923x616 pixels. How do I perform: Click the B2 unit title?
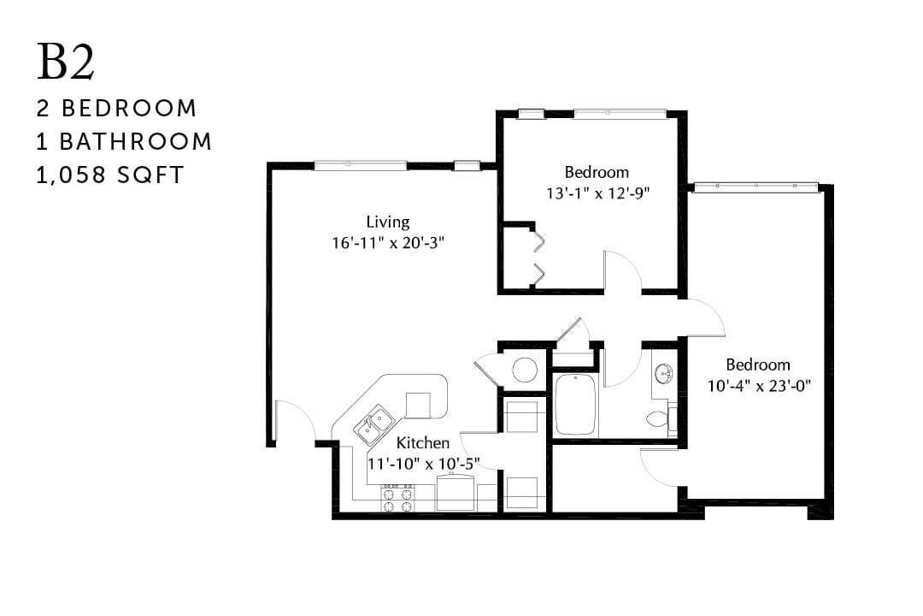[x=65, y=62]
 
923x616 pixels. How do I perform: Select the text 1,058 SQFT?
[x=110, y=175]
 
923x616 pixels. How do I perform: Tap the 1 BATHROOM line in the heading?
[x=124, y=141]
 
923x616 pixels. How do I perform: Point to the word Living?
[x=388, y=222]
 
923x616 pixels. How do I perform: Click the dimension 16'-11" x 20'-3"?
[x=388, y=243]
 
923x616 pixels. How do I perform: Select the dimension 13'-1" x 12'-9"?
[x=598, y=192]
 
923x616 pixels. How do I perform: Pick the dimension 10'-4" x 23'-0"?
[x=757, y=385]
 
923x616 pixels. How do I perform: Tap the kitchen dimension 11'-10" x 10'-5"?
[x=423, y=463]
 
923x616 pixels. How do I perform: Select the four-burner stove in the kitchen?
[x=397, y=498]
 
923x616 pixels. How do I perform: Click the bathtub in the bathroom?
[x=576, y=406]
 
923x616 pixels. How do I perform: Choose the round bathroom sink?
[x=663, y=374]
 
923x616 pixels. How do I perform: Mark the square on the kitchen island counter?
[x=419, y=405]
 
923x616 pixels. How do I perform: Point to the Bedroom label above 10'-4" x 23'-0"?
[x=758, y=364]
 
